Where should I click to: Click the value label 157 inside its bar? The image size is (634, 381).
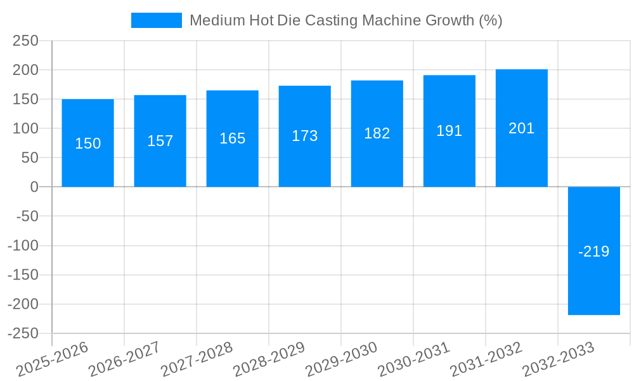pyautogui.click(x=160, y=141)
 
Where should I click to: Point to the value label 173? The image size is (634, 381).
pyautogui.click(x=304, y=136)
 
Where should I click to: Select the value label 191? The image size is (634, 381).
pyautogui.click(x=449, y=131)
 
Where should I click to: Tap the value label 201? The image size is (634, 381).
pyautogui.click(x=521, y=128)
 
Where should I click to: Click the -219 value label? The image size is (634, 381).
pyautogui.click(x=593, y=251)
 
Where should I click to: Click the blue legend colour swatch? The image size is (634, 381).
pyautogui.click(x=156, y=20)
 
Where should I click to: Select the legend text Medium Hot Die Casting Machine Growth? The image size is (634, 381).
pyautogui.click(x=346, y=20)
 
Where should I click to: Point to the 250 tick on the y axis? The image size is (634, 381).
pyautogui.click(x=25, y=41)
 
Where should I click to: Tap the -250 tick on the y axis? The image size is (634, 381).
pyautogui.click(x=23, y=333)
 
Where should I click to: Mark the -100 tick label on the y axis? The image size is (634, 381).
pyautogui.click(x=23, y=246)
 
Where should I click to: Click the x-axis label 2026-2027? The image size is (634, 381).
pyautogui.click(x=124, y=359)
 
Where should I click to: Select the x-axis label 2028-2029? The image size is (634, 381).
pyautogui.click(x=269, y=359)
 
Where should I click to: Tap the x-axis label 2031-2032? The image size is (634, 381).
pyautogui.click(x=486, y=359)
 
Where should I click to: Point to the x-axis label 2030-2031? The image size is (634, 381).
pyautogui.click(x=413, y=359)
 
